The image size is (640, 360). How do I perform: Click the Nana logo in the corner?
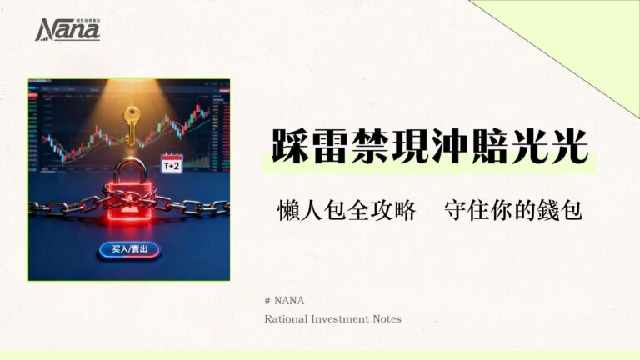(x=67, y=29)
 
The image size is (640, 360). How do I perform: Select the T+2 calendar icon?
(x=172, y=163)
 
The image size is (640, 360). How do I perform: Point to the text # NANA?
(x=279, y=301)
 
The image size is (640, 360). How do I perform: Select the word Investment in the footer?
(x=344, y=318)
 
